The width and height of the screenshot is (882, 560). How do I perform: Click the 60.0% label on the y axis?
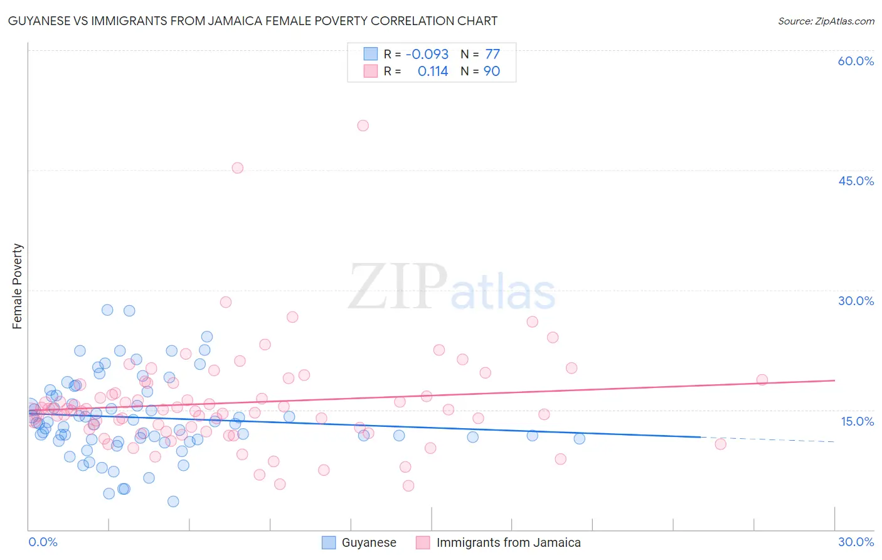click(856, 61)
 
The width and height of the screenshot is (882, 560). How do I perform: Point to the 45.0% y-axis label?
click(856, 181)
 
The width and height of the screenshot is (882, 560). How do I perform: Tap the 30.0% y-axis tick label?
click(856, 301)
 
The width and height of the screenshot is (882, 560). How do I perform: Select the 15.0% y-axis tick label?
click(857, 421)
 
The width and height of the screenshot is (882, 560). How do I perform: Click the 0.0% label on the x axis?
click(43, 542)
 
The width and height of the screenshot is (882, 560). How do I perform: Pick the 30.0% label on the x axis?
click(856, 542)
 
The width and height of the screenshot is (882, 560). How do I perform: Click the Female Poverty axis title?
click(18, 286)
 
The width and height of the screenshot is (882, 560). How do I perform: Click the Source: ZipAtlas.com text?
click(826, 21)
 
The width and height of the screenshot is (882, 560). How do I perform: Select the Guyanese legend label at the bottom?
click(369, 542)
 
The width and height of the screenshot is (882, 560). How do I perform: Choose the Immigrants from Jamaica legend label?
click(508, 542)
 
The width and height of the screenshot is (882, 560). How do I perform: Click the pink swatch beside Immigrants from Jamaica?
click(423, 542)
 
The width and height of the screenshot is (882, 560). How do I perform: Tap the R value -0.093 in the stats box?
click(427, 54)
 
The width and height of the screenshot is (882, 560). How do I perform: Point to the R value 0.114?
click(433, 72)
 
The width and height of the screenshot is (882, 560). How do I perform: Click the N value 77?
click(492, 54)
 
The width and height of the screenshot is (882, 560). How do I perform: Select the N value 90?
click(492, 72)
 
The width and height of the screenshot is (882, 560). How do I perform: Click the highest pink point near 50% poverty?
click(363, 126)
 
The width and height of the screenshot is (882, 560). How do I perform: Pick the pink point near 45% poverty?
click(237, 168)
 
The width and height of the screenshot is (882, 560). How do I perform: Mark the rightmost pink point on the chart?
click(762, 380)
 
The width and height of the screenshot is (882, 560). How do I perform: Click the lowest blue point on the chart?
click(173, 501)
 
